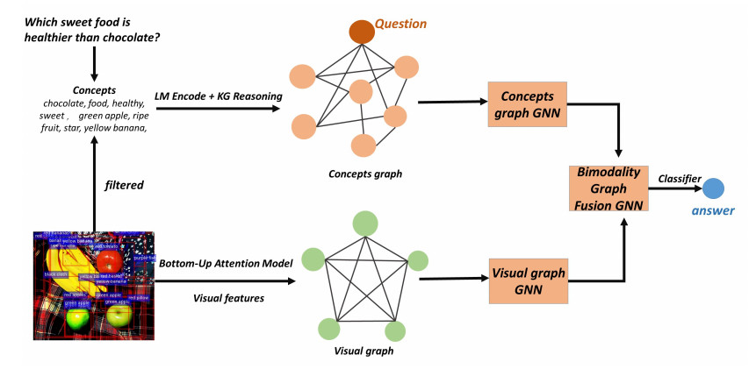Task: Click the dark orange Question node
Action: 361,32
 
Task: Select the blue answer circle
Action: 713,188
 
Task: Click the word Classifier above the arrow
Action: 680,179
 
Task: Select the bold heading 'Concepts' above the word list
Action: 94,90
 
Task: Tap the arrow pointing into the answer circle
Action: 678,188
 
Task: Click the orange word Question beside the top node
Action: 405,24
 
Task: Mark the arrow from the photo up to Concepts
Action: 94,184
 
